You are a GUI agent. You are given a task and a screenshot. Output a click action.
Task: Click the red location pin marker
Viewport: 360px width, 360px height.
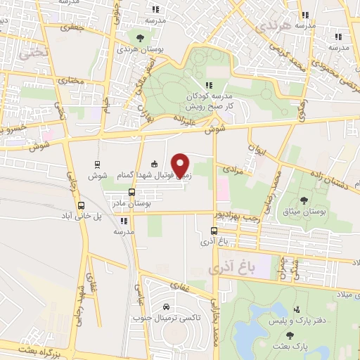click(x=181, y=165)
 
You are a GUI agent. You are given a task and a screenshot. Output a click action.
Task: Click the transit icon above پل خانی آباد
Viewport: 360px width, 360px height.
click(x=82, y=206)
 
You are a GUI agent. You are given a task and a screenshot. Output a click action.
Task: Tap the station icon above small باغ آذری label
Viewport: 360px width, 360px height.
click(x=214, y=230)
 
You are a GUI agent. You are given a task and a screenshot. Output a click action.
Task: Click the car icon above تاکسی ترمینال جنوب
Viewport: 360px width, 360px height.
click(x=165, y=307)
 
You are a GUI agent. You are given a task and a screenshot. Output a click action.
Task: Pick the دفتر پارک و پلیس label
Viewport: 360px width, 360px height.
click(x=296, y=321)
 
